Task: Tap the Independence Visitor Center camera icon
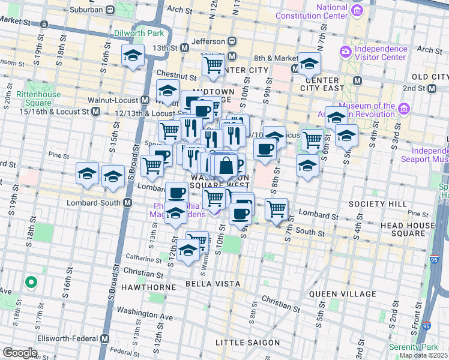pyautogui.click(x=346, y=52)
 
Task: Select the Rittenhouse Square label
pyautogui.click(x=38, y=98)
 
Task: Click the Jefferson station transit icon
pyautogui.click(x=232, y=41)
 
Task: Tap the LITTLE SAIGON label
pyautogui.click(x=247, y=343)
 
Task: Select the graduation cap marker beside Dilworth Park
pyautogui.click(x=133, y=56)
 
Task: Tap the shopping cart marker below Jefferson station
pyautogui.click(x=213, y=65)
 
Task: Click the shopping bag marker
pyautogui.click(x=227, y=166)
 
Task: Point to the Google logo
pyautogui.click(x=20, y=353)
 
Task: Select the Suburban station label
pyautogui.click(x=85, y=10)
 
